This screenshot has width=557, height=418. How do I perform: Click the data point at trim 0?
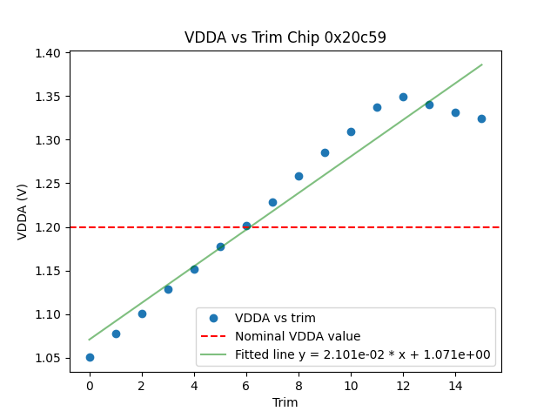point(90,357)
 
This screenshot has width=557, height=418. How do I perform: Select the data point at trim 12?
point(403,97)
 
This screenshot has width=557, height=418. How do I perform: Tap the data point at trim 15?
point(481,118)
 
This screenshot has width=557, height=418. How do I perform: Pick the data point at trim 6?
point(246,226)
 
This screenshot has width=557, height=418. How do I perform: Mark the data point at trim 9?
point(325,152)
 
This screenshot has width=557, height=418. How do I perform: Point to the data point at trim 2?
point(142,313)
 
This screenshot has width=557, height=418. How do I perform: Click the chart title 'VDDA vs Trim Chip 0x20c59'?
point(285,38)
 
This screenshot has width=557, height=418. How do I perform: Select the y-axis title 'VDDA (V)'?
point(23,212)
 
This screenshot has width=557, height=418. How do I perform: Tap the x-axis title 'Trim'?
point(285,402)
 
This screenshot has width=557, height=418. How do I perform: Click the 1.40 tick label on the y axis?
point(48,53)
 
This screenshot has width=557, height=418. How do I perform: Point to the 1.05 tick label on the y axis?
point(48,358)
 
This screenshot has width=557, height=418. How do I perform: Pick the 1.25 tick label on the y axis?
point(48,184)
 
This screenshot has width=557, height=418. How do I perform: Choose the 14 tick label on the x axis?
point(455,385)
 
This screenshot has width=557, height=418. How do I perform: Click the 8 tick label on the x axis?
point(299,385)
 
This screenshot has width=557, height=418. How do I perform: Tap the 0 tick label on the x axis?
point(90,385)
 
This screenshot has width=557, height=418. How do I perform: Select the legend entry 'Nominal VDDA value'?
point(298,336)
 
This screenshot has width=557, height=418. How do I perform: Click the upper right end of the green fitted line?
point(481,64)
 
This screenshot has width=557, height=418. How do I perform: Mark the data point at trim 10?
point(351,131)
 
